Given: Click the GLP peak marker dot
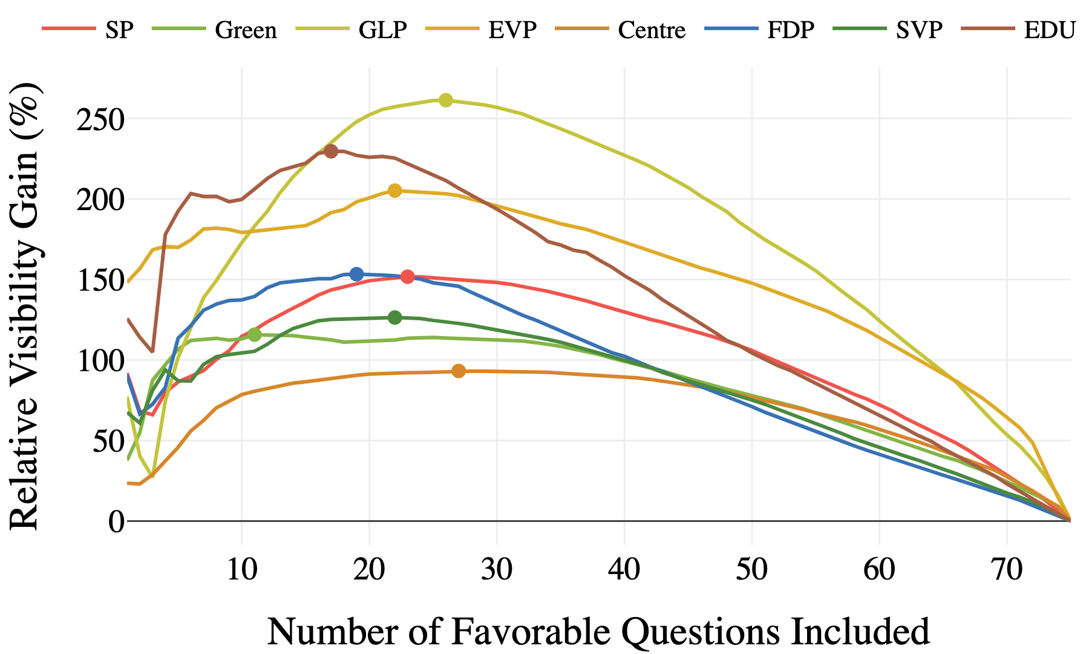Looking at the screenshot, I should point(446,100).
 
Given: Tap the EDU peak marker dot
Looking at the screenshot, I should point(331,151).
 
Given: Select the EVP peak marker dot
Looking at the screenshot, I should point(394,191).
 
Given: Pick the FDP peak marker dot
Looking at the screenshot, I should point(356,274).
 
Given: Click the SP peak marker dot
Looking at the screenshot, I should point(407,277).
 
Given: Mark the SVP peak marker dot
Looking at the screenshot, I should point(394,317).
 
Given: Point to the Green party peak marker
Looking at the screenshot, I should point(255,334).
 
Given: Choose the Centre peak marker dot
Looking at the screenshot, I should point(459,371).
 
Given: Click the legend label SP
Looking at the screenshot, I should point(119,29).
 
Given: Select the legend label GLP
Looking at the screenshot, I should point(382,29).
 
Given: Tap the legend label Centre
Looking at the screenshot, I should point(652,29).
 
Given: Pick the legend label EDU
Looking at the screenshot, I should point(1049,29).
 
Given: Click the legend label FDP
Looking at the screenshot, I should point(791,29).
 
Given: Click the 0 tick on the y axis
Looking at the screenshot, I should point(116,521).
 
